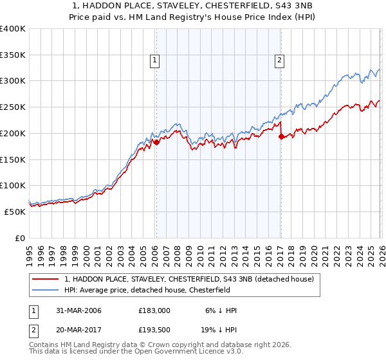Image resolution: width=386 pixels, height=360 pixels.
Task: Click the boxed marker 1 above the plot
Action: pyautogui.click(x=156, y=61)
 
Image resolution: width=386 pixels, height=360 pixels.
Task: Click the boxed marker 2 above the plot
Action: pyautogui.click(x=280, y=61)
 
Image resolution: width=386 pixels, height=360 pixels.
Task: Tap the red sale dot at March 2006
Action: pyautogui.click(x=156, y=142)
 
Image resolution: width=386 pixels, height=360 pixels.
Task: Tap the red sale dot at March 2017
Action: pyautogui.click(x=281, y=136)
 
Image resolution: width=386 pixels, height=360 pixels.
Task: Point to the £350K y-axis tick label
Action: pyautogui.click(x=12, y=55)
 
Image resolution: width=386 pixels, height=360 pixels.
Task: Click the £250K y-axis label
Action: pyautogui.click(x=12, y=107)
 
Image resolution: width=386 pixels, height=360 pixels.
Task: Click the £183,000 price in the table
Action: pyautogui.click(x=155, y=310)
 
